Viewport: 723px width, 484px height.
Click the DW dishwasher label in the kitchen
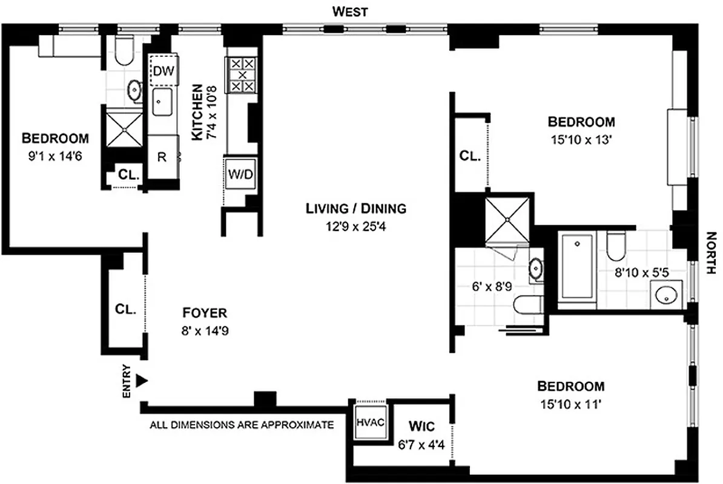coord(163,71)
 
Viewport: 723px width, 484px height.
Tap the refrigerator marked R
coord(162,157)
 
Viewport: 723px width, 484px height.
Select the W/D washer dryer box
coord(241,174)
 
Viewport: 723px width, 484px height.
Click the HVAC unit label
coord(370,422)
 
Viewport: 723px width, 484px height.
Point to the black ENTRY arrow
coord(142,380)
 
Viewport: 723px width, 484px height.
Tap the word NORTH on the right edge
coord(712,253)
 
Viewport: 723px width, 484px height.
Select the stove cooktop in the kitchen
coord(243,75)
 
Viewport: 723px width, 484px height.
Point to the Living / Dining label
coord(355,209)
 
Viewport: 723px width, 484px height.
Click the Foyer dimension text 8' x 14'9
coord(205,331)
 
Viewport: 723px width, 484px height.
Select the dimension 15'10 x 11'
coord(571,405)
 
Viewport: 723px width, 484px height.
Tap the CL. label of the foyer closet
coord(125,309)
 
